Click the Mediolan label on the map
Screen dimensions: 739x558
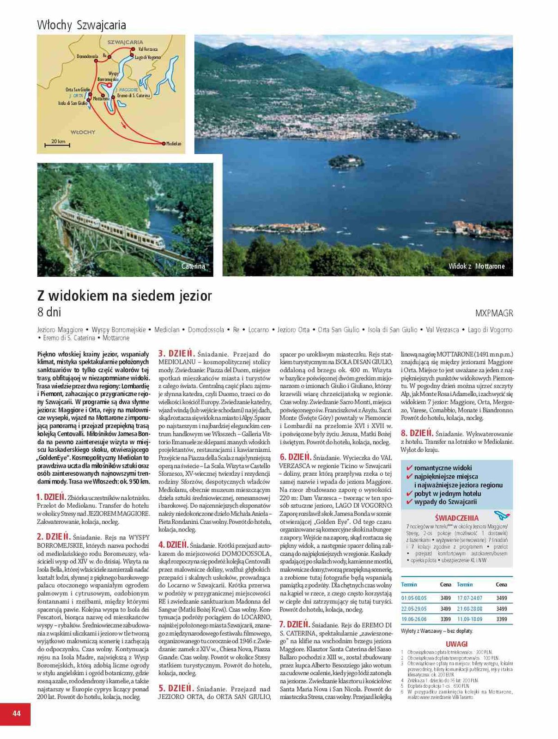point(174,144)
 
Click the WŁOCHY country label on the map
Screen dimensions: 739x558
point(83,132)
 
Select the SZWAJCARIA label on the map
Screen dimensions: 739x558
point(125,42)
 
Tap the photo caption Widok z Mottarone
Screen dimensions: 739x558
point(476,267)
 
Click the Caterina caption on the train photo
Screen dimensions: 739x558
point(193,267)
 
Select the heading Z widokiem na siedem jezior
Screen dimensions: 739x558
point(124,296)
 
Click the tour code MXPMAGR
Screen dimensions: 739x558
point(494,313)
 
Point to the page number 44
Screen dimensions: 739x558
point(16,714)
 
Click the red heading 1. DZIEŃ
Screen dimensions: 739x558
point(51,497)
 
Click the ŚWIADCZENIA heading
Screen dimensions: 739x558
point(456,518)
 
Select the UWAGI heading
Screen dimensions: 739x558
point(456,644)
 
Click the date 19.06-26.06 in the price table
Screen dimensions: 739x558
point(413,619)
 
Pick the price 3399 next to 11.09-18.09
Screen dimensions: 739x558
point(501,619)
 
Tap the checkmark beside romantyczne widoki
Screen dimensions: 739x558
point(409,467)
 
